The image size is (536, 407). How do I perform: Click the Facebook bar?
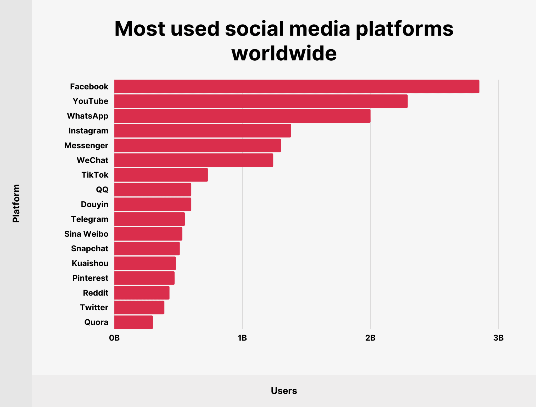tap(297, 87)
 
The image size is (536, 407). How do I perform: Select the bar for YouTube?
tap(261, 101)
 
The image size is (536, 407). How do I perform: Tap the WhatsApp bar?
tap(242, 116)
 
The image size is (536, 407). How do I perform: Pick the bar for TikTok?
tap(161, 175)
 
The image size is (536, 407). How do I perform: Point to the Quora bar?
tap(133, 322)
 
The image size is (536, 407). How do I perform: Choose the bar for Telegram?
tap(149, 219)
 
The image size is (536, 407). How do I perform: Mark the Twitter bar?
tap(139, 307)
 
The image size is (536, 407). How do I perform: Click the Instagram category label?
tap(88, 131)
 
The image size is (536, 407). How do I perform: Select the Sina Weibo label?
tap(86, 234)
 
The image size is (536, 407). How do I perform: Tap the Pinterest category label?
tap(90, 278)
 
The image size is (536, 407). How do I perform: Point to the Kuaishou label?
tap(90, 263)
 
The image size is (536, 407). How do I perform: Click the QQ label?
tap(102, 190)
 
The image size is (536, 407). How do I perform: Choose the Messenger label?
tap(86, 145)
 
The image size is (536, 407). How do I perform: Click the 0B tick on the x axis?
tap(114, 338)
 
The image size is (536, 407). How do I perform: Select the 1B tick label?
tap(242, 338)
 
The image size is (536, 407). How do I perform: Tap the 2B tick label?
tap(370, 338)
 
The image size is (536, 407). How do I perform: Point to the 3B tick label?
tap(498, 338)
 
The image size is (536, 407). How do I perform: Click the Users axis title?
tap(284, 391)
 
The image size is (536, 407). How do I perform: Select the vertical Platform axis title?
tap(16, 203)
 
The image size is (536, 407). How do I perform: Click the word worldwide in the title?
tap(284, 53)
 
